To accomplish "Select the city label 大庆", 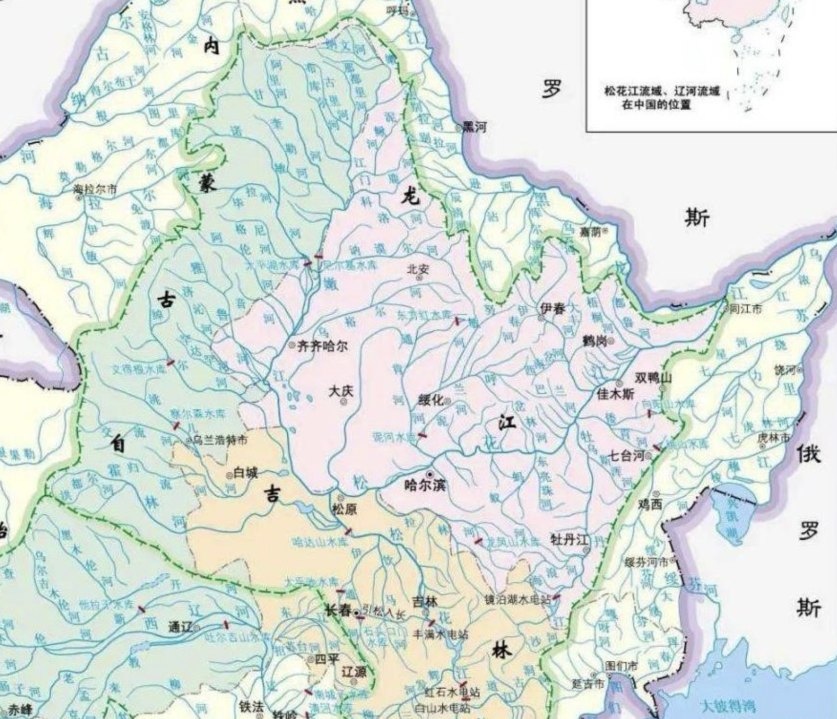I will [x=341, y=391].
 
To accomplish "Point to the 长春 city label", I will [x=338, y=611].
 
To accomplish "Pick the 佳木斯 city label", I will [x=616, y=394].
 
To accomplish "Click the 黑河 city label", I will [x=474, y=127].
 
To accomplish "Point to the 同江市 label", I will [x=745, y=309].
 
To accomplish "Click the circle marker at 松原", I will [x=341, y=497].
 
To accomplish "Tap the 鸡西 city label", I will [x=650, y=504].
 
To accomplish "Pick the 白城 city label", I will [x=245, y=472].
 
